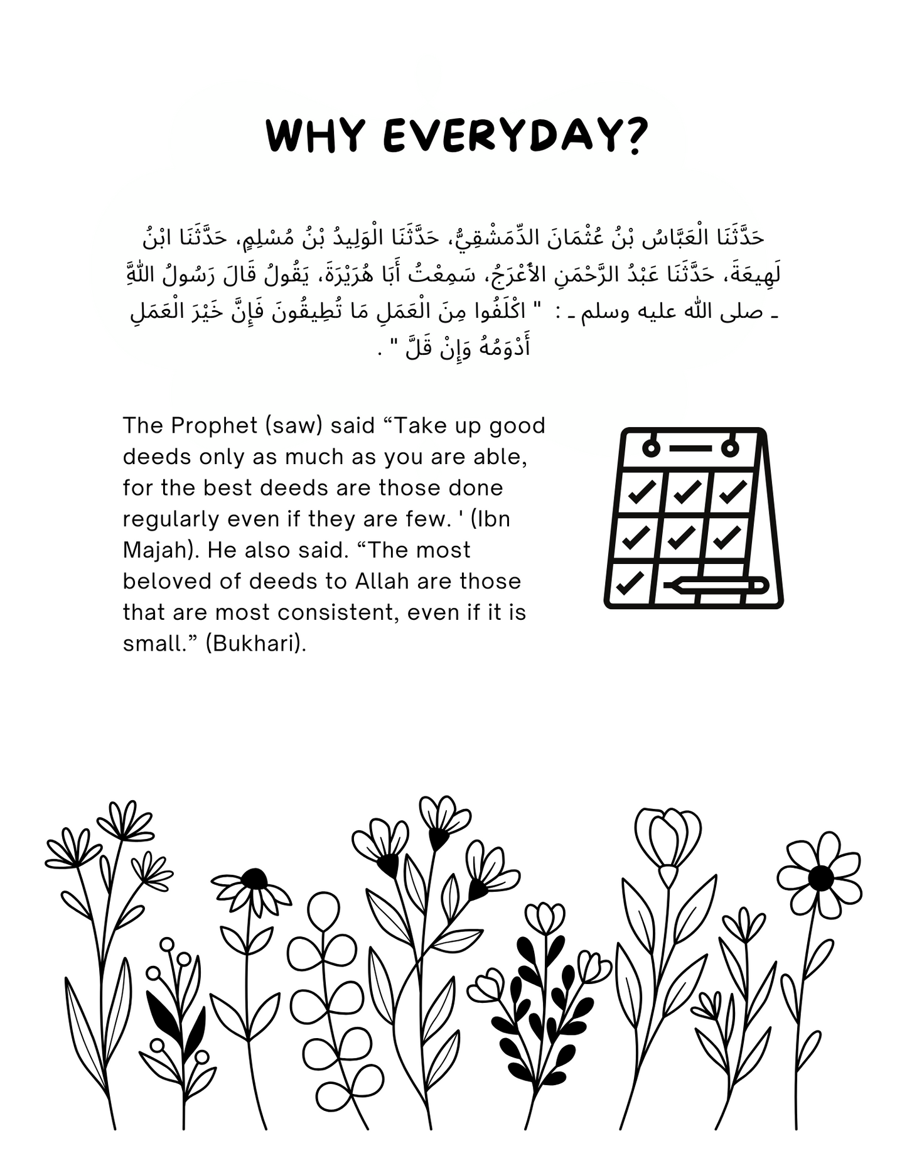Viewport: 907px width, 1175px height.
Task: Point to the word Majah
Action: [x=158, y=550]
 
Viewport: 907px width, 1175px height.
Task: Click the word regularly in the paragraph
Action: [x=171, y=519]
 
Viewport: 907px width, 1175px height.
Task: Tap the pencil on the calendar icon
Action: [x=716, y=585]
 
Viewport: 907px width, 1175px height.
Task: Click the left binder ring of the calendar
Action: [x=652, y=448]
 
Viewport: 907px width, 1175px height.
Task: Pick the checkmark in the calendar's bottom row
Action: [x=630, y=583]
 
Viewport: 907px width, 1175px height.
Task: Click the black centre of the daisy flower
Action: [x=820, y=878]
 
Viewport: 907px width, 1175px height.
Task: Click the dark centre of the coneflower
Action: [x=254, y=879]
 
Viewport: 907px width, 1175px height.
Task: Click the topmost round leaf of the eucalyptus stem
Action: [x=324, y=911]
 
